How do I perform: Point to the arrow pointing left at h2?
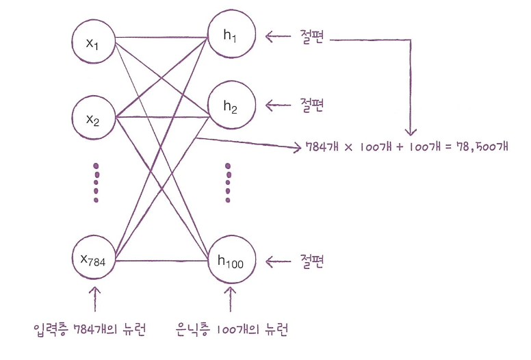[278, 105]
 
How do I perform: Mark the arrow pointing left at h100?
[278, 261]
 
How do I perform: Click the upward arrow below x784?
[94, 299]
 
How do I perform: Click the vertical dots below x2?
[96, 183]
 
